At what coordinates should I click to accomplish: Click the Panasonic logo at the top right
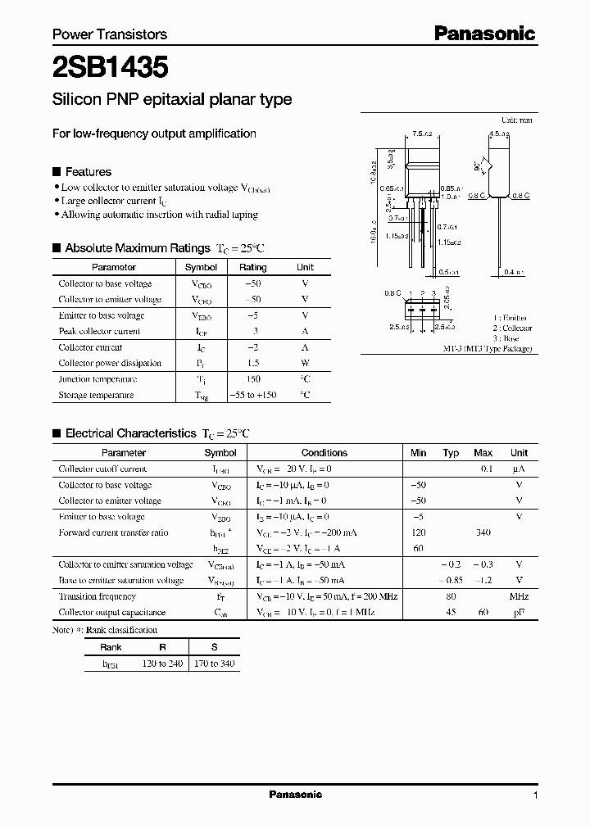click(x=484, y=34)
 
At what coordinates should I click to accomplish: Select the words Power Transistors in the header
click(x=110, y=34)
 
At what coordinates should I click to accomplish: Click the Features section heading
click(x=88, y=172)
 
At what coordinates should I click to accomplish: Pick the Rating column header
click(x=252, y=267)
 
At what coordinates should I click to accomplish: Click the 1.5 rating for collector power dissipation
click(x=252, y=363)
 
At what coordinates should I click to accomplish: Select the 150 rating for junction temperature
click(x=252, y=379)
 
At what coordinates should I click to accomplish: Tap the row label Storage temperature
click(x=96, y=395)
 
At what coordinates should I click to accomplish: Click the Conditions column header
click(x=324, y=452)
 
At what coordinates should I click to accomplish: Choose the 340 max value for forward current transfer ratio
click(x=483, y=532)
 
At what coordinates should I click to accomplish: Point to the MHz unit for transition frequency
click(x=519, y=596)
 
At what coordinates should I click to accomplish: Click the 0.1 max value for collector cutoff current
click(x=486, y=469)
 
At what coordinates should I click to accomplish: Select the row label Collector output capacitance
click(x=111, y=612)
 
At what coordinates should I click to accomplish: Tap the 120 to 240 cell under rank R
click(x=162, y=663)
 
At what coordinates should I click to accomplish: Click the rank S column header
click(x=214, y=647)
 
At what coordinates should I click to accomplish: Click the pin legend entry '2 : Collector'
click(x=512, y=328)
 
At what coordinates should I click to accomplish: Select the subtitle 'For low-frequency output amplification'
click(x=154, y=134)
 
